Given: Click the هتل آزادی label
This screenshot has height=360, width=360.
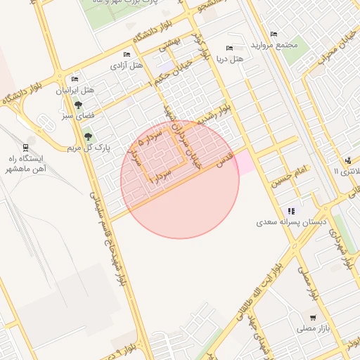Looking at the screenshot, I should (127, 65).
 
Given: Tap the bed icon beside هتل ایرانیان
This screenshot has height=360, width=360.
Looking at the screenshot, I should (75, 79).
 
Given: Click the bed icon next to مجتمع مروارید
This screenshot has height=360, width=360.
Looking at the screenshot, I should (274, 34).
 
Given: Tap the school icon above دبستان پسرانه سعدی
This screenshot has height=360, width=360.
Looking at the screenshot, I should (291, 211).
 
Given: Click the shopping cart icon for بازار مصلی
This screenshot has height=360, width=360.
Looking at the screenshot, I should (312, 318).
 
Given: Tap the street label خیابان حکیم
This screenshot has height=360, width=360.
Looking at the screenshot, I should (174, 77).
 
